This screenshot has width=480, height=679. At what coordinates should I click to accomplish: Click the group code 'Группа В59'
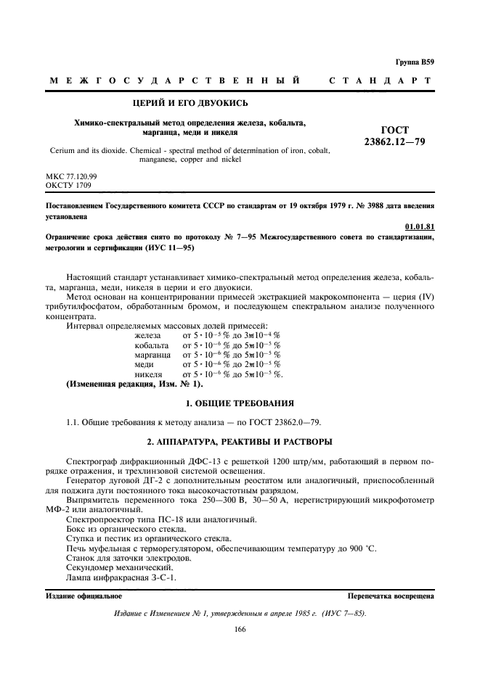[x=415, y=62]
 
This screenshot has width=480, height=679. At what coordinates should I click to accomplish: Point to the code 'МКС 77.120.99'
[x=69, y=176]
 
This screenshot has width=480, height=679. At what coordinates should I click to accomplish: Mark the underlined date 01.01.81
[x=420, y=226]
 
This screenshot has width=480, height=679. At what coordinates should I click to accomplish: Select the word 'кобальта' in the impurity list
[x=152, y=345]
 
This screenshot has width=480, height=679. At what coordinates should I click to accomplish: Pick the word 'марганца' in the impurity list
[x=153, y=355]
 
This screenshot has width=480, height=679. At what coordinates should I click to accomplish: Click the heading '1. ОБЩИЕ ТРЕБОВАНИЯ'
[x=239, y=403]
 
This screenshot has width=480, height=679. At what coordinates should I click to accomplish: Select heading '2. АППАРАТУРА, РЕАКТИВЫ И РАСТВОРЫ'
[x=239, y=440]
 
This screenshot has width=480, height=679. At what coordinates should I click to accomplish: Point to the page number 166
[x=240, y=629]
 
